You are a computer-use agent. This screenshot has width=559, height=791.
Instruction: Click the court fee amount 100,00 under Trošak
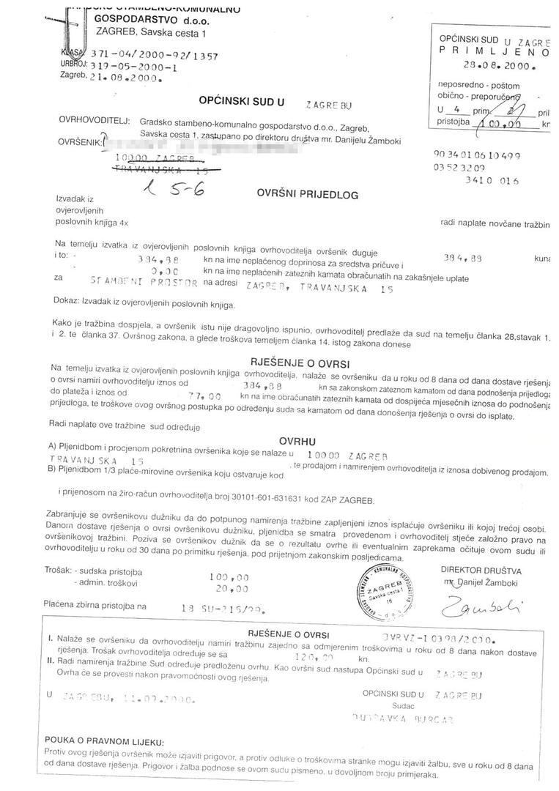[x=229, y=576]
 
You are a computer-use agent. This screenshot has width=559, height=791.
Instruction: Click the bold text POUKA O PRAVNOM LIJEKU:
[x=105, y=742]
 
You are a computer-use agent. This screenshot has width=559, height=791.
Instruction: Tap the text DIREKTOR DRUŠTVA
[x=481, y=569]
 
